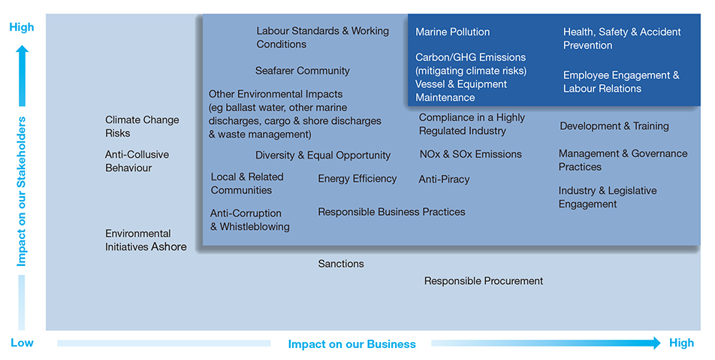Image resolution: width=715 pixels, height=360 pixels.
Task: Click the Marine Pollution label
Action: pos(452,32)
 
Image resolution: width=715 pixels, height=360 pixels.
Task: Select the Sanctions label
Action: pos(341,264)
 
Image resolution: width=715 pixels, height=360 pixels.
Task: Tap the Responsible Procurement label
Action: pos(484,281)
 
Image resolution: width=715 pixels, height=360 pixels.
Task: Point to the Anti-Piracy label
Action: pos(444,180)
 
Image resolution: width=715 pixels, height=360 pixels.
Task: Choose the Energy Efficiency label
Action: pos(357,179)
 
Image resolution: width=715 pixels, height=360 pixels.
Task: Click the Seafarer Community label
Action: pos(303,71)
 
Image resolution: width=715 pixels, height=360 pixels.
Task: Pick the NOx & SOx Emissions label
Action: pos(471,154)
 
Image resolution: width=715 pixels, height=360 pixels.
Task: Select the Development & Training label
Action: pos(614,126)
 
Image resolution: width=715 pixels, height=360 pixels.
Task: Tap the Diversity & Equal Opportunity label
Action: pos(323,155)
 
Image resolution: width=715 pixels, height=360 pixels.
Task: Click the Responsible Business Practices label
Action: pos(391,212)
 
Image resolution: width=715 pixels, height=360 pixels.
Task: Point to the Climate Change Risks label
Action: pos(142,126)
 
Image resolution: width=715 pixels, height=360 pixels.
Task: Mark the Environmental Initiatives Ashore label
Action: pos(146,240)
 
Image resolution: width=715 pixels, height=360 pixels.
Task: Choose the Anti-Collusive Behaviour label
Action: pos(137,161)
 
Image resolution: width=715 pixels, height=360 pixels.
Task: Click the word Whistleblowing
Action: pos(255,227)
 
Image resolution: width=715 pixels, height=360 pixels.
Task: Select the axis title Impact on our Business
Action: pos(352,344)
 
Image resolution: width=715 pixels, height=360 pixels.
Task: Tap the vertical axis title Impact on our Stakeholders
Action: pos(22,192)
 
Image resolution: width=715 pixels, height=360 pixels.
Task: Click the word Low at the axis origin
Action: pos(22,343)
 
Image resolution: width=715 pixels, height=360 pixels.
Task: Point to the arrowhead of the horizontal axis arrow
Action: pos(656,343)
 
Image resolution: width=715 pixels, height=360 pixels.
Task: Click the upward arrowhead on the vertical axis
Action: pos(22,49)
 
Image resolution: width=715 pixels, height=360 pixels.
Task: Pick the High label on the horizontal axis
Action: pos(681,343)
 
